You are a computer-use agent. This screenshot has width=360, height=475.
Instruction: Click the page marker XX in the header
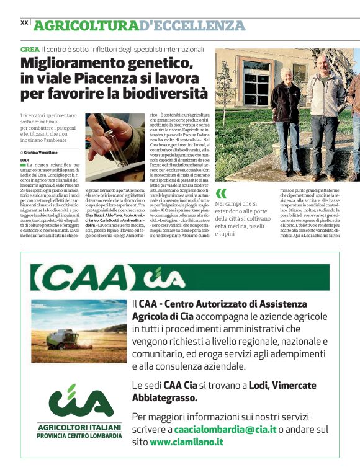click(24, 22)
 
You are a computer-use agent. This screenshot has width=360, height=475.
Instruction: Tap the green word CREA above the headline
click(29, 48)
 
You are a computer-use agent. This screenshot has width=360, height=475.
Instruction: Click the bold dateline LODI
click(25, 160)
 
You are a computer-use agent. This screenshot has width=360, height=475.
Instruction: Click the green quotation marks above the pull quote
click(221, 192)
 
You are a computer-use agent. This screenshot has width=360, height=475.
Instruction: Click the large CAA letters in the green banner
click(78, 277)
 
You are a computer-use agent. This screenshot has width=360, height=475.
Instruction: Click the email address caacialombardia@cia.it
click(225, 429)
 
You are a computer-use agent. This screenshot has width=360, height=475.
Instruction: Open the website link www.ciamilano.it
click(186, 442)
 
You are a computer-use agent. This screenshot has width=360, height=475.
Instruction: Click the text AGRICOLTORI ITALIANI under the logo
click(79, 427)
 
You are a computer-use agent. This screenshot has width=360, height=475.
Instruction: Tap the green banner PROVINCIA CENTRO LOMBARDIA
click(79, 436)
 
